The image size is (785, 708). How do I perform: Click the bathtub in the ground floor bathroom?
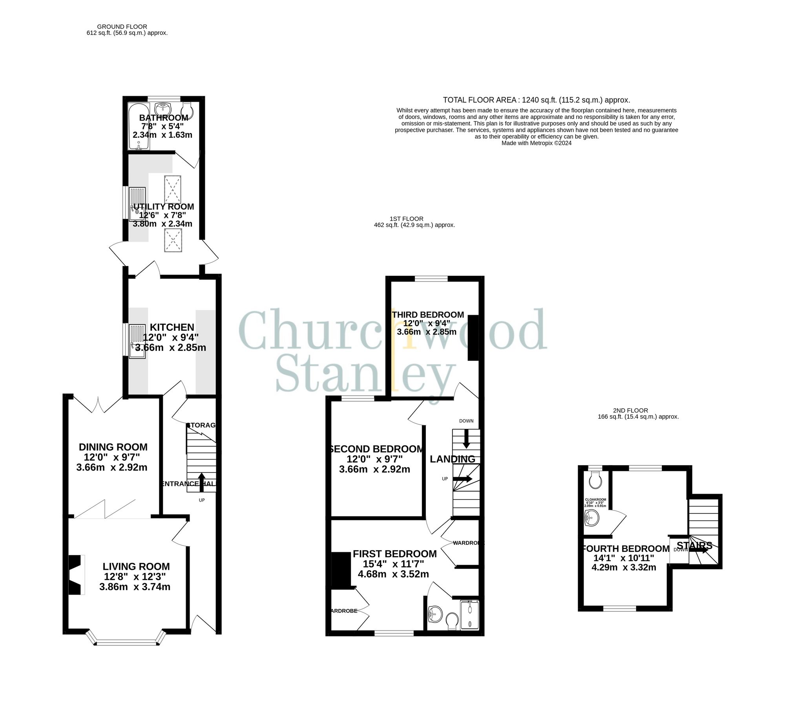click(139, 126)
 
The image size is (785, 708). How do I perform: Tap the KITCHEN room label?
click(172, 327)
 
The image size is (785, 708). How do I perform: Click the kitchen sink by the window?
click(137, 341)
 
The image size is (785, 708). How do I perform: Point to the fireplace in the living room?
click(77, 575)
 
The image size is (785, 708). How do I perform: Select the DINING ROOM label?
click(113, 447)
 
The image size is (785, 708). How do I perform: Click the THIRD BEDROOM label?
click(428, 315)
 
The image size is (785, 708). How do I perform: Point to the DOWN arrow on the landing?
click(466, 438)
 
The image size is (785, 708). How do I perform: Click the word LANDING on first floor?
click(452, 459)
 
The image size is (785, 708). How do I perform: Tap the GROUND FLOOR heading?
click(123, 27)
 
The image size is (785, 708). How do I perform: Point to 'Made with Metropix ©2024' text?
click(536, 143)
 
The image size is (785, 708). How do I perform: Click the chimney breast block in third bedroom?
click(473, 338)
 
